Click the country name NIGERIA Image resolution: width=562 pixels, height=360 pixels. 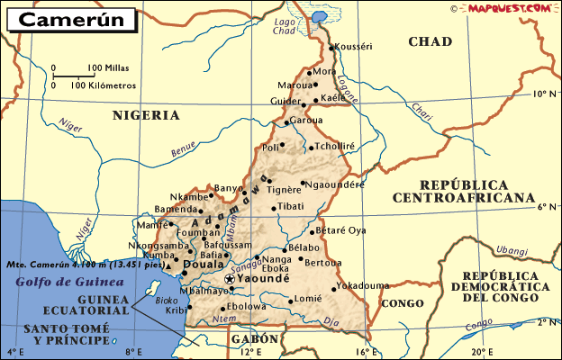pos(146,115)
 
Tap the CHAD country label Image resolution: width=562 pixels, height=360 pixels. pos(430,41)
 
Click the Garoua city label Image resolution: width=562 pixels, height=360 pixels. pos(306,121)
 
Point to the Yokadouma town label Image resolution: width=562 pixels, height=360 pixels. pos(363,286)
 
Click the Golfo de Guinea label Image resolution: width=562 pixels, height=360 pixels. pos(55,283)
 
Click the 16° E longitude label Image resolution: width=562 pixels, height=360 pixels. pos(362,352)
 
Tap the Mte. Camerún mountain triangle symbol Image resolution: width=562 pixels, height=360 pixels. pos(168,266)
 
